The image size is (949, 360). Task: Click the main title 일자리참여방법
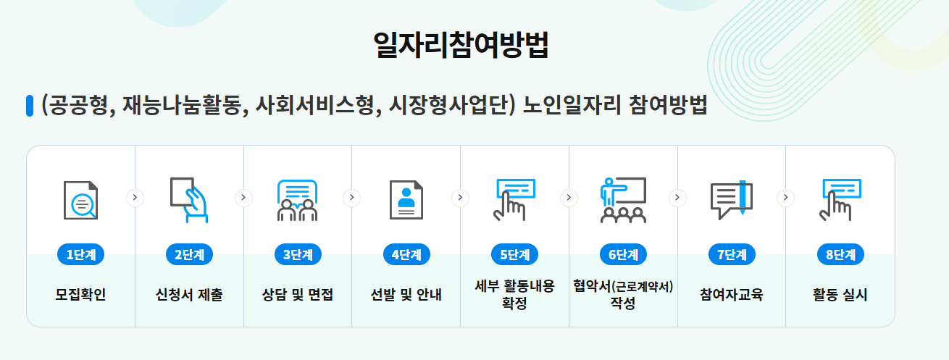pos(461,45)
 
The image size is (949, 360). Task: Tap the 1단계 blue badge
pos(80,255)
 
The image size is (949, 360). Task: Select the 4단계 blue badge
pos(406,255)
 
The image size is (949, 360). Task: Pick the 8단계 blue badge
pos(840,255)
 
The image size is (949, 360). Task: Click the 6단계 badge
pos(623,255)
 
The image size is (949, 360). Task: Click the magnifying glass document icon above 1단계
pos(80,199)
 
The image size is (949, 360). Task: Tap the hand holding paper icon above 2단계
pos(189,199)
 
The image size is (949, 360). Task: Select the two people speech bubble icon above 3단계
pos(298,199)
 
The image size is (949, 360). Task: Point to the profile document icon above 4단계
pos(406,199)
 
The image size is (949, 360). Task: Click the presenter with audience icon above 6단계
pos(623,199)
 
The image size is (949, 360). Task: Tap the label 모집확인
pos(80,296)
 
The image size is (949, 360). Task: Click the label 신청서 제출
pos(189,296)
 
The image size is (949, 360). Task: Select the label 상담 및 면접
pos(298,296)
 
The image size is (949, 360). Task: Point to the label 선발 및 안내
pos(406,296)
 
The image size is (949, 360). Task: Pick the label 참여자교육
pos(732,296)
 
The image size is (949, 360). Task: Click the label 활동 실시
pos(840,296)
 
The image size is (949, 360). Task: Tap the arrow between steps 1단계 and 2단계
pos(135,198)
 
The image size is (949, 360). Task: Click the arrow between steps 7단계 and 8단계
pos(786,198)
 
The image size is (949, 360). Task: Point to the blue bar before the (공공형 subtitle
pos(30,106)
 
